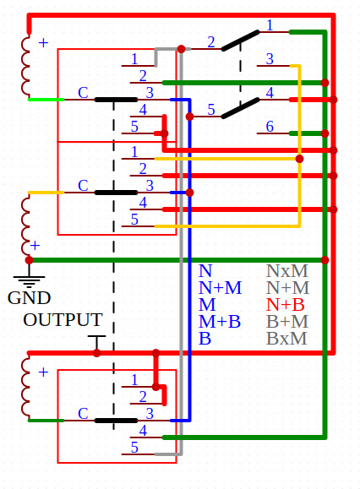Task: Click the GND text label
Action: (x=29, y=298)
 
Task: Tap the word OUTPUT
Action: (x=63, y=320)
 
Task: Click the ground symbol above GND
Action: (x=29, y=281)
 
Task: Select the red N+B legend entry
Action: (x=285, y=305)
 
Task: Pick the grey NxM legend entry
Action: (x=287, y=271)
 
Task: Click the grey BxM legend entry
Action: (x=286, y=339)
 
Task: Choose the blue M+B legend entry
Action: (x=220, y=322)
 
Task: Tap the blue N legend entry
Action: (x=205, y=271)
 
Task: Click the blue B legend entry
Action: (x=205, y=339)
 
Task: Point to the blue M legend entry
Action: (x=207, y=305)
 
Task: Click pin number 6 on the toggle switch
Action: (x=270, y=127)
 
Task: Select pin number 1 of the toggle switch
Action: (x=270, y=25)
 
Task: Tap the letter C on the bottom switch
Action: (x=83, y=414)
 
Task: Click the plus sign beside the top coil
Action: (x=43, y=43)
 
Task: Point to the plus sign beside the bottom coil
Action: (x=43, y=372)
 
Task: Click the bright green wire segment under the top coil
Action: (x=46, y=100)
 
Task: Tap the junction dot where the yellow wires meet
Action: (x=299, y=159)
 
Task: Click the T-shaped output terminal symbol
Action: (x=96, y=342)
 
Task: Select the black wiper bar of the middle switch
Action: (x=116, y=193)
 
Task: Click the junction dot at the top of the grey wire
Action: (x=181, y=49)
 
